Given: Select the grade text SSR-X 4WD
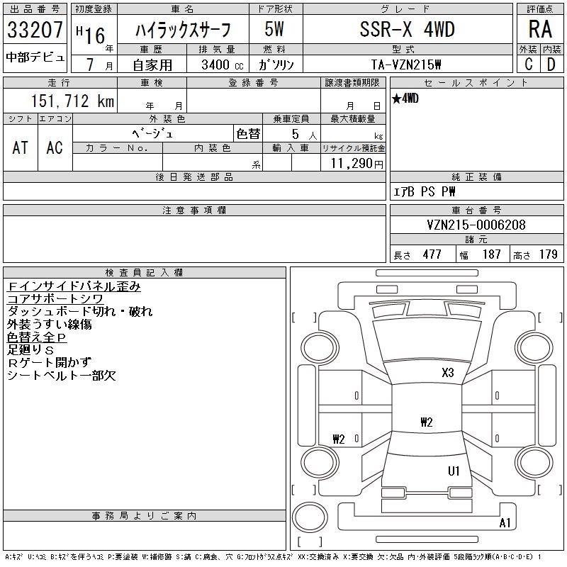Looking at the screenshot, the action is [x=405, y=29].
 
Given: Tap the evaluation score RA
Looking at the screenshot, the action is [x=539, y=29].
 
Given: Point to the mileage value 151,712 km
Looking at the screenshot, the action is [x=73, y=101].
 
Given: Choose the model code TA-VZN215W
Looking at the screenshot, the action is [x=407, y=64].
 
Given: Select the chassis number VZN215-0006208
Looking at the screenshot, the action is [x=476, y=225].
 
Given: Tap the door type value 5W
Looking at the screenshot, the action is [x=275, y=29].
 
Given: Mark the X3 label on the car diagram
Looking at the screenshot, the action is [x=447, y=372].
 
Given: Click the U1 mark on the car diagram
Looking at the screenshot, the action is [x=454, y=471].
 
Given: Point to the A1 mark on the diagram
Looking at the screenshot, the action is [x=505, y=523].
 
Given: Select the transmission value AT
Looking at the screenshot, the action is [x=21, y=147].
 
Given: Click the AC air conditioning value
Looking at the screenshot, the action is [x=55, y=147].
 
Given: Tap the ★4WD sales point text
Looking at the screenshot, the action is [x=405, y=99].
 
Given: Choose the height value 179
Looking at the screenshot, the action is [x=548, y=254].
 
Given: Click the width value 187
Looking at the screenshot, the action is [x=491, y=254].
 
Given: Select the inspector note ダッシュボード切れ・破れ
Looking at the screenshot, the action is [x=79, y=312].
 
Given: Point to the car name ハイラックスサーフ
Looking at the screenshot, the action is [x=183, y=29].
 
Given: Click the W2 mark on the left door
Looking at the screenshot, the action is [x=338, y=439].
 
